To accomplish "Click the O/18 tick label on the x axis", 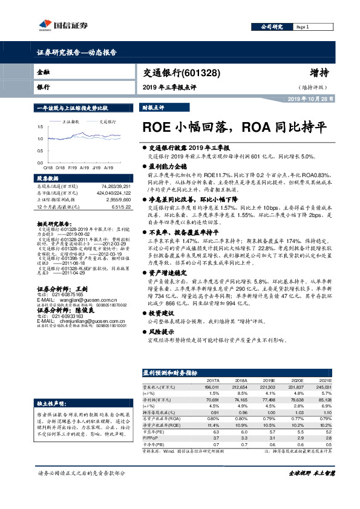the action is pyautogui.click(x=47, y=166).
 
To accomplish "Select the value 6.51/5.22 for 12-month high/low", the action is pyautogui.click(x=119, y=207).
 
